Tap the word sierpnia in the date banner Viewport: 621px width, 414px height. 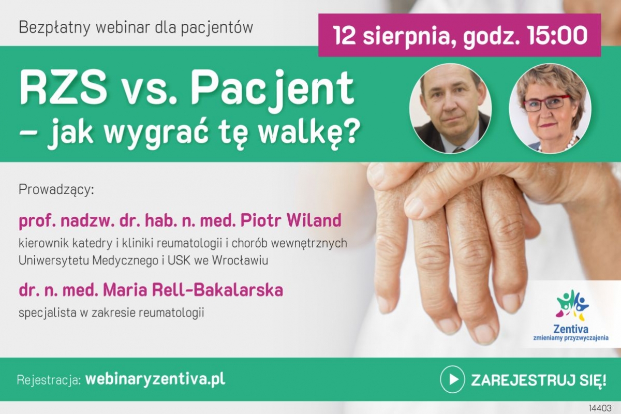pos(406,36)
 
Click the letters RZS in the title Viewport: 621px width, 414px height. pos(63,87)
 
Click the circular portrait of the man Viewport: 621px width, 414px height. pos(451,109)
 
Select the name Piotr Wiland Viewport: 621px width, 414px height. pos(291,220)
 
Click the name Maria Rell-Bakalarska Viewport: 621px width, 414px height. pos(193,290)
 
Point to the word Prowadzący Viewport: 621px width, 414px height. pos(56,190)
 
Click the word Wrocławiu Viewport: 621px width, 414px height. pos(240,260)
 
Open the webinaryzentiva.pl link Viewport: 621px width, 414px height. pos(155,380)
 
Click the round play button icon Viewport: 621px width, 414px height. pos(452,379)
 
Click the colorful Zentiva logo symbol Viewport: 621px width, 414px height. pos(572,305)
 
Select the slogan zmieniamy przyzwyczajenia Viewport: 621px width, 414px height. pos(571,338)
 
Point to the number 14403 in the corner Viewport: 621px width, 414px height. pos(600,408)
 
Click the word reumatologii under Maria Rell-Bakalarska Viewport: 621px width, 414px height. pos(171,313)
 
